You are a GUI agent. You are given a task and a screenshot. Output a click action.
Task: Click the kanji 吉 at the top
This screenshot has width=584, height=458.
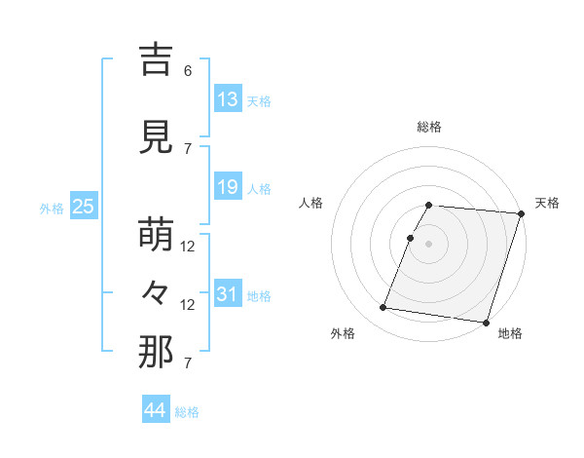(156, 60)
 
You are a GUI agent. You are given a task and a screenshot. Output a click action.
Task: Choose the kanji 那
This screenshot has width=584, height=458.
(156, 353)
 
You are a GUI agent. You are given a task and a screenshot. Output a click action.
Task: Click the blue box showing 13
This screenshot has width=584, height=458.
(228, 99)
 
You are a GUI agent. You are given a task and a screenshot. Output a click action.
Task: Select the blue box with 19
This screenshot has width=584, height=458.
(228, 187)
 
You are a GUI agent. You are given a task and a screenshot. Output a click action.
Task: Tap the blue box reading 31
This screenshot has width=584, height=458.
(228, 294)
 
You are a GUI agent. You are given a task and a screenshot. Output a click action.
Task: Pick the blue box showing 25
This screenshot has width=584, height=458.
(83, 207)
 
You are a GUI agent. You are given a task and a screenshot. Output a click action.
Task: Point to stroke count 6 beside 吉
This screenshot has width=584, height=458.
(188, 71)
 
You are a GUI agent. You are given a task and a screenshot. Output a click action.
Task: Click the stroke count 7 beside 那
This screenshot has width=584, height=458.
(188, 363)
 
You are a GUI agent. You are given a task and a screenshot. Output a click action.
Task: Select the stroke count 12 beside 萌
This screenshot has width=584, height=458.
(188, 247)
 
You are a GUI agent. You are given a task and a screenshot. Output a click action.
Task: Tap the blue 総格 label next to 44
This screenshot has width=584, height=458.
(187, 412)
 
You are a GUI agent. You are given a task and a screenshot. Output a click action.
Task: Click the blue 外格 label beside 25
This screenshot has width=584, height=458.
(52, 208)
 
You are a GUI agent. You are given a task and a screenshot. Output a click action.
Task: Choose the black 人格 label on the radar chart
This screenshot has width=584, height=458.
(311, 203)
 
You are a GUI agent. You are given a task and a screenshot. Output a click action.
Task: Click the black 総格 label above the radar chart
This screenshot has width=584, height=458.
(429, 127)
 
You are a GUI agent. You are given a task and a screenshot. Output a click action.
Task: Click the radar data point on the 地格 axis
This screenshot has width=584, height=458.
(486, 322)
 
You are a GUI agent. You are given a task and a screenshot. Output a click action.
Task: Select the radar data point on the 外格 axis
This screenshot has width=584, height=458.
(383, 308)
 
